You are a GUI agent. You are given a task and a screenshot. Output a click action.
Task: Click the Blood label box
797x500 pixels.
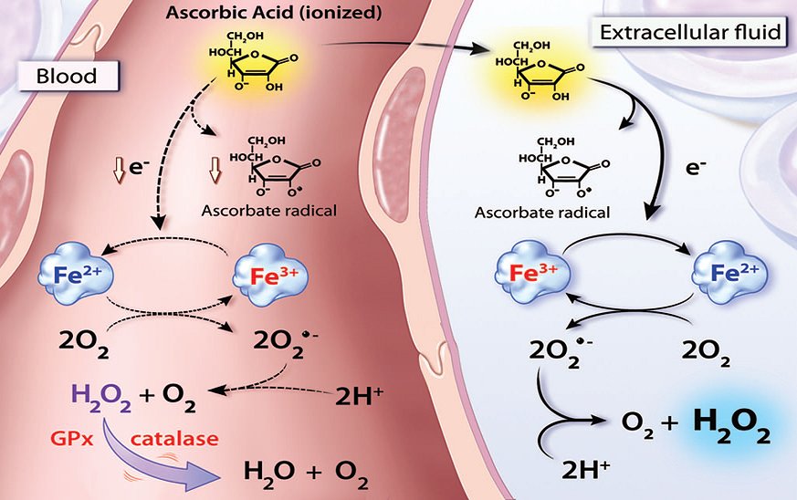68,77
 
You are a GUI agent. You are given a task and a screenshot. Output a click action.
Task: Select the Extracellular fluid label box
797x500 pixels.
690,33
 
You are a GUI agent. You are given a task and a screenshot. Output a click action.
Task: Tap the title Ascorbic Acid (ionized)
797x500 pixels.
274,12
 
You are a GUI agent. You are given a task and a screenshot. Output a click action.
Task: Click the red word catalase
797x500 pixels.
174,438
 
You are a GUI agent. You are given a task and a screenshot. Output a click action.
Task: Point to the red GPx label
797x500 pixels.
72,438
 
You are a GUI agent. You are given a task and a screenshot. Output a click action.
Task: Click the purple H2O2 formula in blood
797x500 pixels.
101,396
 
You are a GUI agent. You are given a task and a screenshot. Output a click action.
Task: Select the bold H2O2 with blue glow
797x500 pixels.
732,425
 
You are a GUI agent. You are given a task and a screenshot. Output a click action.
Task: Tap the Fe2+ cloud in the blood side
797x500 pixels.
76,275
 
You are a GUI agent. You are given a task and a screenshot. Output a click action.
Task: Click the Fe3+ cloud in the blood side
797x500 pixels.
271,276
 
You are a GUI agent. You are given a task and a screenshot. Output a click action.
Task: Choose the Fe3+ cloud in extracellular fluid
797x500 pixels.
532,273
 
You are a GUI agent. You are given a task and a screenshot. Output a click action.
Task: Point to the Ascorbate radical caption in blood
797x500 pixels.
269,211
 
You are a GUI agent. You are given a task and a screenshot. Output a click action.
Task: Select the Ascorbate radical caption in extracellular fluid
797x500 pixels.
542,212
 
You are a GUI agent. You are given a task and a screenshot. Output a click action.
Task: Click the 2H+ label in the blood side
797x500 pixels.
359,395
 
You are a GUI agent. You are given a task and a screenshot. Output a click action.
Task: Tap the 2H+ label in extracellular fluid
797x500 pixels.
585,469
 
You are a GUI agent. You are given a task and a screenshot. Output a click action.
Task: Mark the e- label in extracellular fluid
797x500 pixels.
696,168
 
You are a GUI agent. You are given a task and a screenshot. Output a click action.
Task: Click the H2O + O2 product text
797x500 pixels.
306,473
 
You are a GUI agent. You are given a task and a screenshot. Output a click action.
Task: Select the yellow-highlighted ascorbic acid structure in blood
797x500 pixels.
253,62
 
